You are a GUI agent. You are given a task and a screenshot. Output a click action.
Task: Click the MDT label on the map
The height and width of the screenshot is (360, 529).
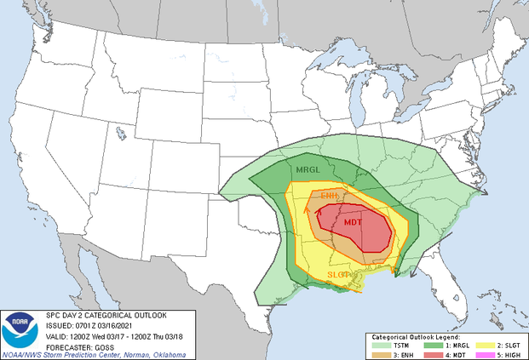coord(358,222)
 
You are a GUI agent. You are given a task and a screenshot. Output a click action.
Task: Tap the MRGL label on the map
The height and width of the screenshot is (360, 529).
coord(308,170)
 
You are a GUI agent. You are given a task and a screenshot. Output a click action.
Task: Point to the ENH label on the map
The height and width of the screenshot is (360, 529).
coord(329,197)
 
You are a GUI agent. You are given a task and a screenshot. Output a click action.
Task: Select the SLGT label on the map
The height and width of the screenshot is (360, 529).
coord(338,275)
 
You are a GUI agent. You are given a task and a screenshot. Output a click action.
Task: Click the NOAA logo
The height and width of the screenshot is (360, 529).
coord(19,328)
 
